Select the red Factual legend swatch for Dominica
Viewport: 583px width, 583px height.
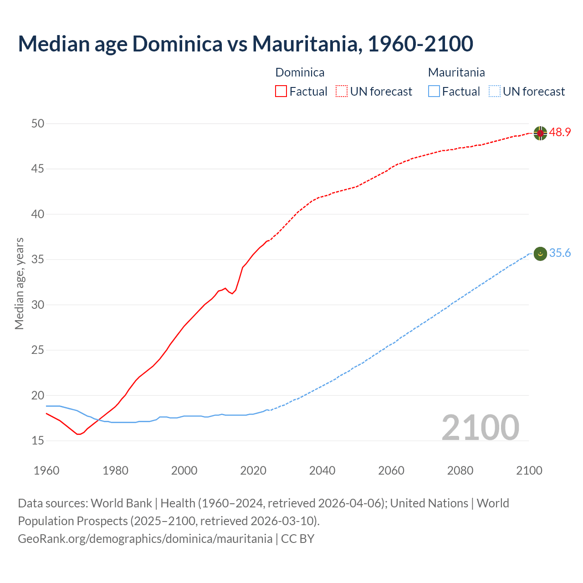(x=281, y=91)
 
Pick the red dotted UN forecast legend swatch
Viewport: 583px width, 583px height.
(x=342, y=91)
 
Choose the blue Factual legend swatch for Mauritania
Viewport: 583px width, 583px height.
(x=434, y=91)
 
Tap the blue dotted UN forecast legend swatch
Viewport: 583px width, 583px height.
(x=494, y=91)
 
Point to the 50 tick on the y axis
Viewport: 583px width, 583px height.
(x=38, y=123)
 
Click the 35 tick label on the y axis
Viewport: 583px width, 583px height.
(x=38, y=260)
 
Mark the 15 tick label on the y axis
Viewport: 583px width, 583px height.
(x=38, y=440)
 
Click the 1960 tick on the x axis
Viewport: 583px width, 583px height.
(x=46, y=470)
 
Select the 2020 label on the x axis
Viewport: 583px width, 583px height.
(x=253, y=470)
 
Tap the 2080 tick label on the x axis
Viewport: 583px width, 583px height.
(x=460, y=470)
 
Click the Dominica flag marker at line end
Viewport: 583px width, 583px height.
(x=540, y=133)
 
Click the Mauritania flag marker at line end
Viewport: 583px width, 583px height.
(x=540, y=254)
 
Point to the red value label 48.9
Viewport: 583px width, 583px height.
(x=560, y=133)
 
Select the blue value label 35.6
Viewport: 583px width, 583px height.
(x=560, y=253)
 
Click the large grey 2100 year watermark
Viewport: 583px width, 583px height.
(x=480, y=427)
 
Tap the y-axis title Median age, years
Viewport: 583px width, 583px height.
(x=19, y=283)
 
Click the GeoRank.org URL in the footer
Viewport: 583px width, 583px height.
(x=145, y=538)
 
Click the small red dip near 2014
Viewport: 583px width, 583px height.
(x=232, y=293)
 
